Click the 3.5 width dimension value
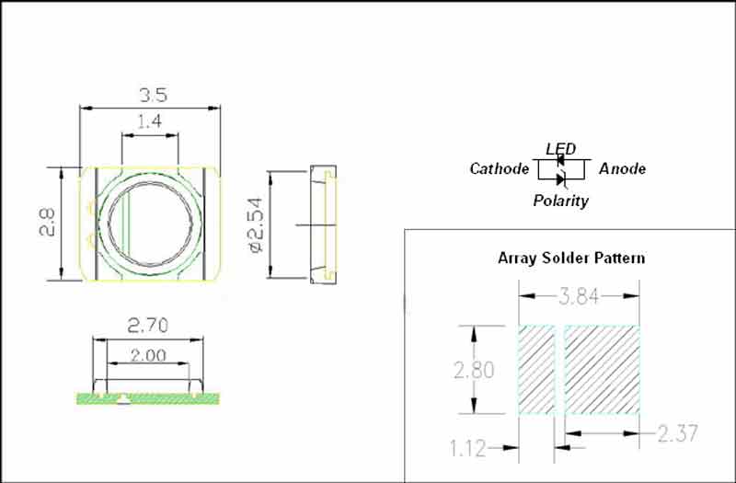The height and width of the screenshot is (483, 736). pyautogui.click(x=154, y=96)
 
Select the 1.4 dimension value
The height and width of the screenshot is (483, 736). pyautogui.click(x=150, y=121)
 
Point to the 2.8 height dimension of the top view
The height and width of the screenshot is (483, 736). pyautogui.click(x=47, y=222)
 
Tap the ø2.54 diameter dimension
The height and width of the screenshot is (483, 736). pyautogui.click(x=257, y=224)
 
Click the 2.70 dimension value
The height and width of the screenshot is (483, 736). pyautogui.click(x=148, y=326)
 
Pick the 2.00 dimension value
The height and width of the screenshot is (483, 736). pyautogui.click(x=148, y=355)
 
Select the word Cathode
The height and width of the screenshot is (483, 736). pyautogui.click(x=500, y=168)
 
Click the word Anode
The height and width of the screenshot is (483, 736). pyautogui.click(x=623, y=168)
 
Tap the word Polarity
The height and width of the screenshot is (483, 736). pyautogui.click(x=561, y=201)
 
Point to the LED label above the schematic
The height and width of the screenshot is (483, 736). pyautogui.click(x=561, y=149)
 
